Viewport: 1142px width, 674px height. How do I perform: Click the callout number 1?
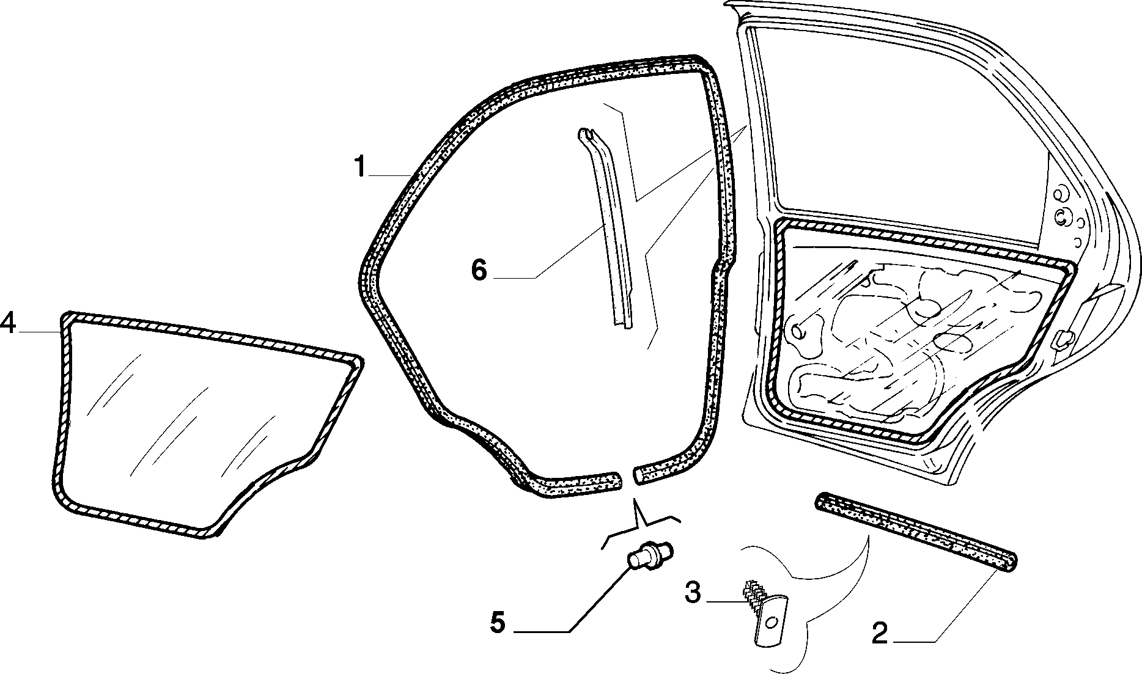pyautogui.click(x=361, y=166)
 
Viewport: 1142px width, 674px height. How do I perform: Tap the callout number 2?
pyautogui.click(x=879, y=633)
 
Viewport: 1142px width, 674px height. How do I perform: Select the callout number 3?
pyautogui.click(x=692, y=592)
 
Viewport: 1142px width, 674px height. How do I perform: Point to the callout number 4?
pyautogui.click(x=8, y=322)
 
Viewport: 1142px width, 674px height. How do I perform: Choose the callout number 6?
pyautogui.click(x=479, y=269)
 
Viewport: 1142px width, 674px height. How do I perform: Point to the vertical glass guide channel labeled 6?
pyautogui.click(x=605, y=229)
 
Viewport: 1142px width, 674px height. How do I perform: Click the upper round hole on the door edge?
pyautogui.click(x=1058, y=194)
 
